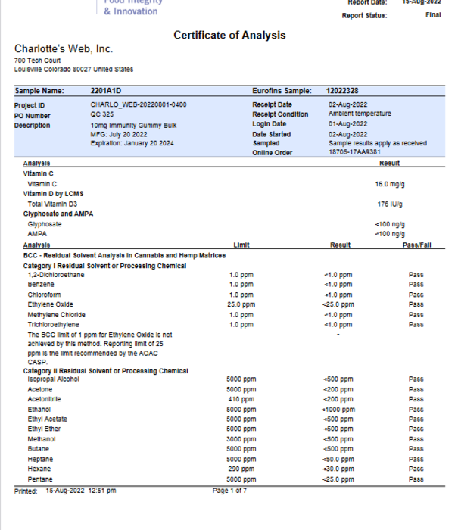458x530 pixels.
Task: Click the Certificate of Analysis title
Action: [x=229, y=36]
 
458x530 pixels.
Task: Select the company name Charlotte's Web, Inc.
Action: [x=64, y=49]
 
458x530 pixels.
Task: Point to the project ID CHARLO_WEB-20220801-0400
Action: [x=139, y=104]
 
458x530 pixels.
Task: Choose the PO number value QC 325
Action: [x=101, y=114]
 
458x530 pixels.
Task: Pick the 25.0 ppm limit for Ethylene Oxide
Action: [x=241, y=304]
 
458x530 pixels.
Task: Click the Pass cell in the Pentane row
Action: [x=416, y=479]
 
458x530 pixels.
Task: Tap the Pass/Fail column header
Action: [x=417, y=245]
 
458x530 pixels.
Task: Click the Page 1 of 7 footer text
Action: [x=229, y=491]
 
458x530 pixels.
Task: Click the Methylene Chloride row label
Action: [x=57, y=314]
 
